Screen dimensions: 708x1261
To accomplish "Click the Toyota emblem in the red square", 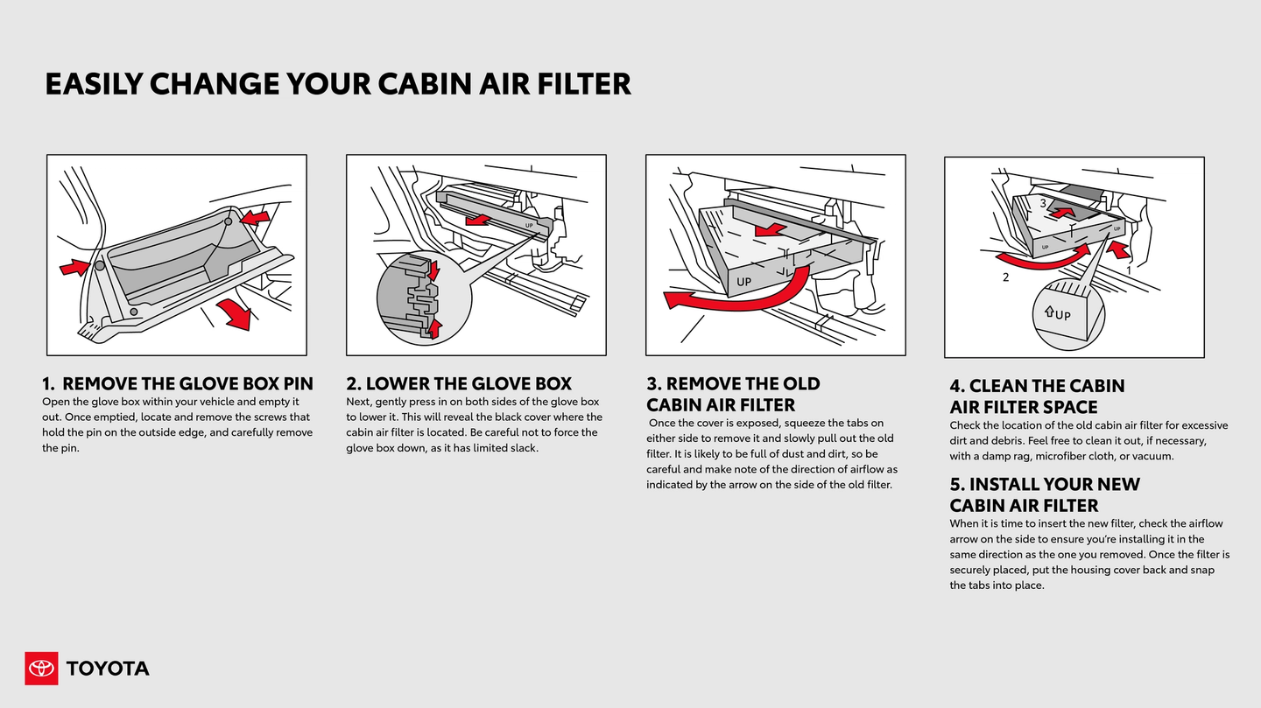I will click(x=41, y=669).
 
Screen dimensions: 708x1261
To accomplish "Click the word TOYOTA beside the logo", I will click(x=108, y=669).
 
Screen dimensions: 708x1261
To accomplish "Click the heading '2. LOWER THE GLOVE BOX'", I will click(x=458, y=383).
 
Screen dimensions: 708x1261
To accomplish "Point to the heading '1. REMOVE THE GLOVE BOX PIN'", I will click(x=177, y=383).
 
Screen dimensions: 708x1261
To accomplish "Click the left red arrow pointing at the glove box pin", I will click(x=74, y=267).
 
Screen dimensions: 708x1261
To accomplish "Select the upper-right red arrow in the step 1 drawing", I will click(x=255, y=215).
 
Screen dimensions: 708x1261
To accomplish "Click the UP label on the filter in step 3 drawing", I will click(x=743, y=282).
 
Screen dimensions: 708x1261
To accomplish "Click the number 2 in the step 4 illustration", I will click(x=1005, y=277).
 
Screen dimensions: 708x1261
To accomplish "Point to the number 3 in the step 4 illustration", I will click(x=1042, y=203).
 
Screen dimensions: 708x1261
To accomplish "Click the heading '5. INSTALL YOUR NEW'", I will click(x=1045, y=484).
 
